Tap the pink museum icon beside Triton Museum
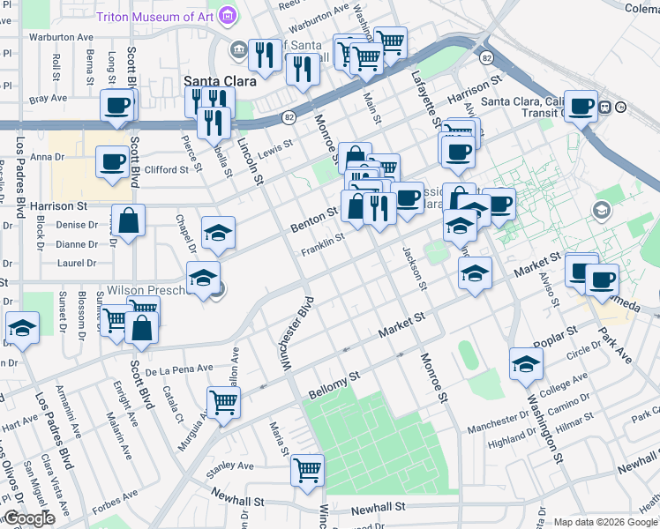229,15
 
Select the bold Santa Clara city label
220,80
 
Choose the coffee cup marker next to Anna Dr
112,161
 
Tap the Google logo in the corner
29,518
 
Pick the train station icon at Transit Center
606,108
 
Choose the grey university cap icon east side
602,210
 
